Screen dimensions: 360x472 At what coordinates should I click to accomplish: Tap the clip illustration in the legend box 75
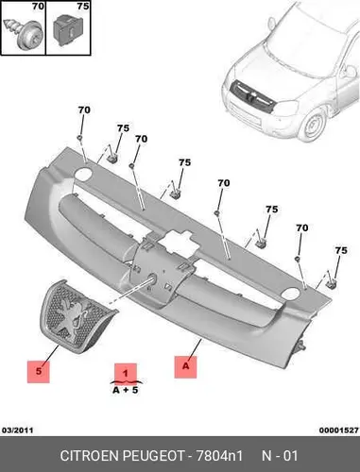click(67, 32)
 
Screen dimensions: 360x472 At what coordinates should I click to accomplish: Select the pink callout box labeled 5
click(39, 371)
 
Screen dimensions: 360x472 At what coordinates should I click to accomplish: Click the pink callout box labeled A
click(185, 367)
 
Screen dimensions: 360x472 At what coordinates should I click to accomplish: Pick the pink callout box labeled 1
click(126, 374)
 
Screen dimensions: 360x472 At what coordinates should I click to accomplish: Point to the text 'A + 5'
click(126, 391)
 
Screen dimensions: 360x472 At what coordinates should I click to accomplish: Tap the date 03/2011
click(18, 430)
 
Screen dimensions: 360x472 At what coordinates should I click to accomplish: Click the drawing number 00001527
click(339, 430)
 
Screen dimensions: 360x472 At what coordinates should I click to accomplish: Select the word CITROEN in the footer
click(89, 456)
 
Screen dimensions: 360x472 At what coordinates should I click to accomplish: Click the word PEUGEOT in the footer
click(153, 456)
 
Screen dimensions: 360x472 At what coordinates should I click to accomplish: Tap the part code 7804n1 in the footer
click(219, 456)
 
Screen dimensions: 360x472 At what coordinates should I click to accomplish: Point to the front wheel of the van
click(312, 126)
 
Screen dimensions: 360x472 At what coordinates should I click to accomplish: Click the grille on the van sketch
click(251, 95)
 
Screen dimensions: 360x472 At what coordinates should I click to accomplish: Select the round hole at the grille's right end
click(290, 294)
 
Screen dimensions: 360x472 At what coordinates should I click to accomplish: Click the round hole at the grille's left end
click(83, 174)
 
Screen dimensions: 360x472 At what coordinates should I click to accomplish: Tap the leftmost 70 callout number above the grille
click(84, 110)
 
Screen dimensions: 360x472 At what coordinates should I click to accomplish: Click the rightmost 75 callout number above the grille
click(341, 251)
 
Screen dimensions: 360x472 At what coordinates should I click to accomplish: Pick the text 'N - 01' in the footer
click(280, 456)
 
